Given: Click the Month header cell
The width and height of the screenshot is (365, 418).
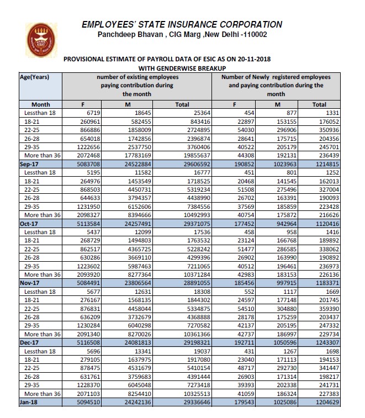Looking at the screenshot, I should coord(40,104).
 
